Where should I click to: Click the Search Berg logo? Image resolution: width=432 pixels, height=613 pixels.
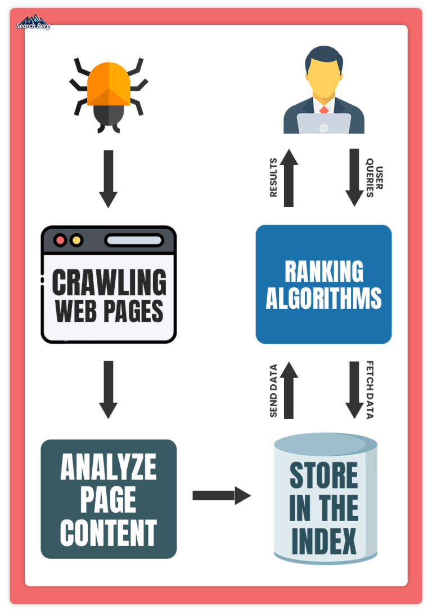[33, 23]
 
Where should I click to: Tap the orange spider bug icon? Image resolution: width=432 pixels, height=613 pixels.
[109, 95]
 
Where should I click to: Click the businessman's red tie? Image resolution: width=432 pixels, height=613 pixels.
[323, 109]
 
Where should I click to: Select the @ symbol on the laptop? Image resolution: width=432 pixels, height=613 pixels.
[323, 128]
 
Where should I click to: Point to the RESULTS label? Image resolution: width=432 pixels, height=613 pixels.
[273, 177]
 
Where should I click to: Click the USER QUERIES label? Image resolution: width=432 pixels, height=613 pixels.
[374, 178]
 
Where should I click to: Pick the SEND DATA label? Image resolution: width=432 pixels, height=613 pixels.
[273, 390]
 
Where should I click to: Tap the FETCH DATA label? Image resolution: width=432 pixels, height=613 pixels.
[370, 390]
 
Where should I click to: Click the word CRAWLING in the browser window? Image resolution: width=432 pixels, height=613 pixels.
[109, 282]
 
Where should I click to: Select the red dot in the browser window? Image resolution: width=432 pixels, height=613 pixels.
[60, 240]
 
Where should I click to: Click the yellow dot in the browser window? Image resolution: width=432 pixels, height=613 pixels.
[76, 240]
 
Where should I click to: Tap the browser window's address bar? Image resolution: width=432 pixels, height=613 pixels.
[134, 240]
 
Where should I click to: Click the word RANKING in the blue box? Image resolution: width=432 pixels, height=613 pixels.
[324, 272]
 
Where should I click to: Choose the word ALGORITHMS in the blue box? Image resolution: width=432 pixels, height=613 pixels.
[323, 298]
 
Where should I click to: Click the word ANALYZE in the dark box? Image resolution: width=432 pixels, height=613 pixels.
[109, 467]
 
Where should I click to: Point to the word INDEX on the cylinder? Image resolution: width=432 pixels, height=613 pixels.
[324, 541]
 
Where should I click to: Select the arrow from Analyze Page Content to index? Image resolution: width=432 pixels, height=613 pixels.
[222, 495]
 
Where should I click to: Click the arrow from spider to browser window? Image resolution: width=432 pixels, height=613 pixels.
[109, 179]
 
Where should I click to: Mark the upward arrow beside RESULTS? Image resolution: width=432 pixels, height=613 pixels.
[289, 177]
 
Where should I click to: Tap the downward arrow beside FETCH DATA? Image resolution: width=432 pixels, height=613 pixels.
[354, 390]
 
